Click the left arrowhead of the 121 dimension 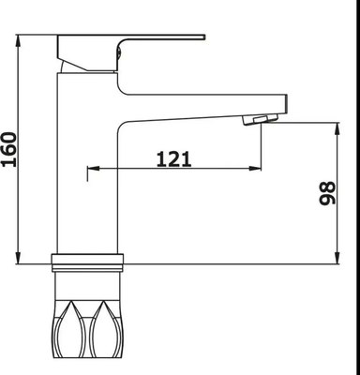(x=94, y=170)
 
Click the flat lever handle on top (x=131, y=41)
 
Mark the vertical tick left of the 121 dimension (x=87, y=171)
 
